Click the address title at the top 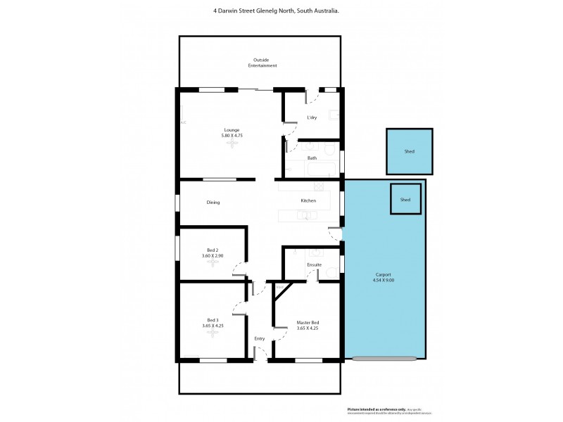[281, 10]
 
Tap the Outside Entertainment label [262, 63]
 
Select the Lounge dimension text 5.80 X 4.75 [232, 135]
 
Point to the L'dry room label [312, 117]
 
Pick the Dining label [213, 203]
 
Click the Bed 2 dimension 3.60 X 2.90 [212, 255]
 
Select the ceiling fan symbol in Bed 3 [213, 333]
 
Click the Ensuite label [314, 265]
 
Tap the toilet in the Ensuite [315, 252]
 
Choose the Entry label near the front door [260, 339]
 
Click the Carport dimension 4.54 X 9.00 [384, 281]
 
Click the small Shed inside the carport [405, 199]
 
